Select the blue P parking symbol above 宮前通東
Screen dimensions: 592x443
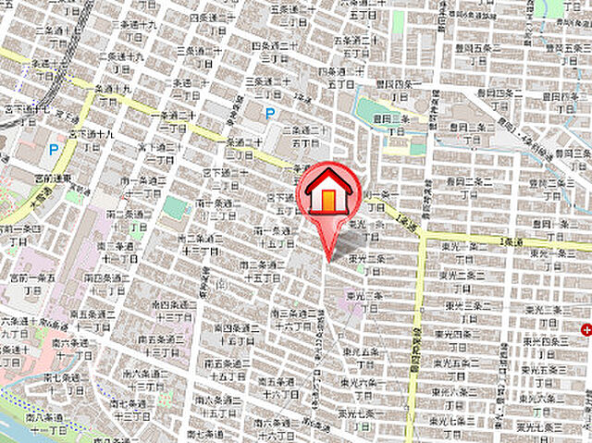[x=54, y=148]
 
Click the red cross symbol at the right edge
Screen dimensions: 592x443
[x=586, y=330]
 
